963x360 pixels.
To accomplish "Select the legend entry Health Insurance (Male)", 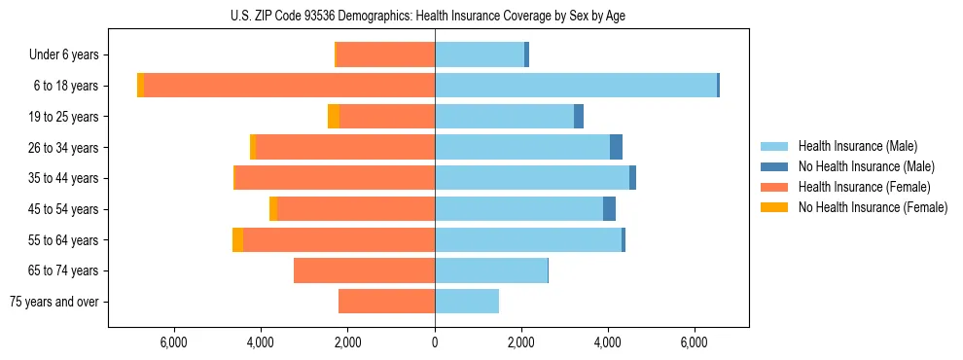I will (x=857, y=146).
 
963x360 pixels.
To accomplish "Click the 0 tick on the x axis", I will (x=435, y=342).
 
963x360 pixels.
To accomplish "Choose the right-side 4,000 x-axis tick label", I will (x=608, y=342).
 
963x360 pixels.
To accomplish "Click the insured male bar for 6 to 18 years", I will (x=576, y=86).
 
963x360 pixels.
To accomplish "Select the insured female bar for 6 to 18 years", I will (x=289, y=86).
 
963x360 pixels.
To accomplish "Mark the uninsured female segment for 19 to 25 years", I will (x=334, y=117).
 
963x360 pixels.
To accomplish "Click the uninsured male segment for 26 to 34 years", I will (x=616, y=147).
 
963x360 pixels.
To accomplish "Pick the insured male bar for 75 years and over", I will (x=467, y=302).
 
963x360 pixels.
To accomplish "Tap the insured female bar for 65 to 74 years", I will (x=364, y=270).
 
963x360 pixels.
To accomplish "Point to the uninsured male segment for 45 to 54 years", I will (x=609, y=209).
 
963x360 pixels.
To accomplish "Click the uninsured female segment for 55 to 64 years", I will (x=237, y=239).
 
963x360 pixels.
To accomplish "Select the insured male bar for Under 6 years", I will (x=480, y=55).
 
